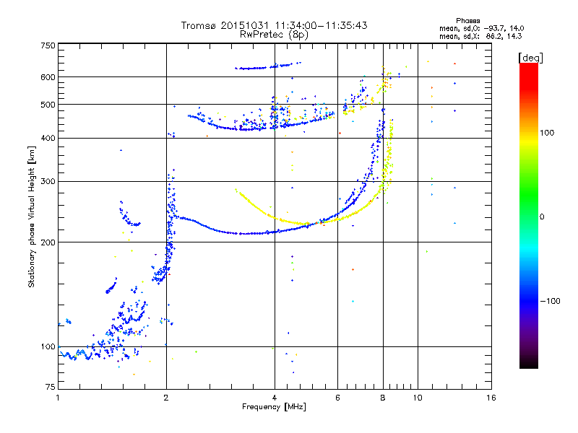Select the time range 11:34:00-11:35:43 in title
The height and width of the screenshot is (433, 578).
point(318,25)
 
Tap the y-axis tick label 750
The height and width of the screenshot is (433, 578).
point(48,45)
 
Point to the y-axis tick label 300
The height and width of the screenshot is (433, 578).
point(48,181)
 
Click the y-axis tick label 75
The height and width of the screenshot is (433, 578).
point(50,390)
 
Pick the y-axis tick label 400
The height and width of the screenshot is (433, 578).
point(48,138)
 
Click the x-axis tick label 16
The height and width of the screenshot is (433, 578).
point(491,398)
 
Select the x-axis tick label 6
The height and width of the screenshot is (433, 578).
point(337,398)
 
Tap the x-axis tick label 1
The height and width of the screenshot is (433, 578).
point(58,398)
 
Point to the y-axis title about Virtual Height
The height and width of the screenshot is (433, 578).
point(32,216)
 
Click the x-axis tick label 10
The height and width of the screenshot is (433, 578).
point(417,398)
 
